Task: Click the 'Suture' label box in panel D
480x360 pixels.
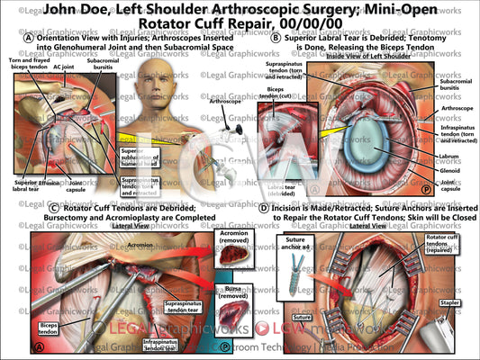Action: (283, 318)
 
